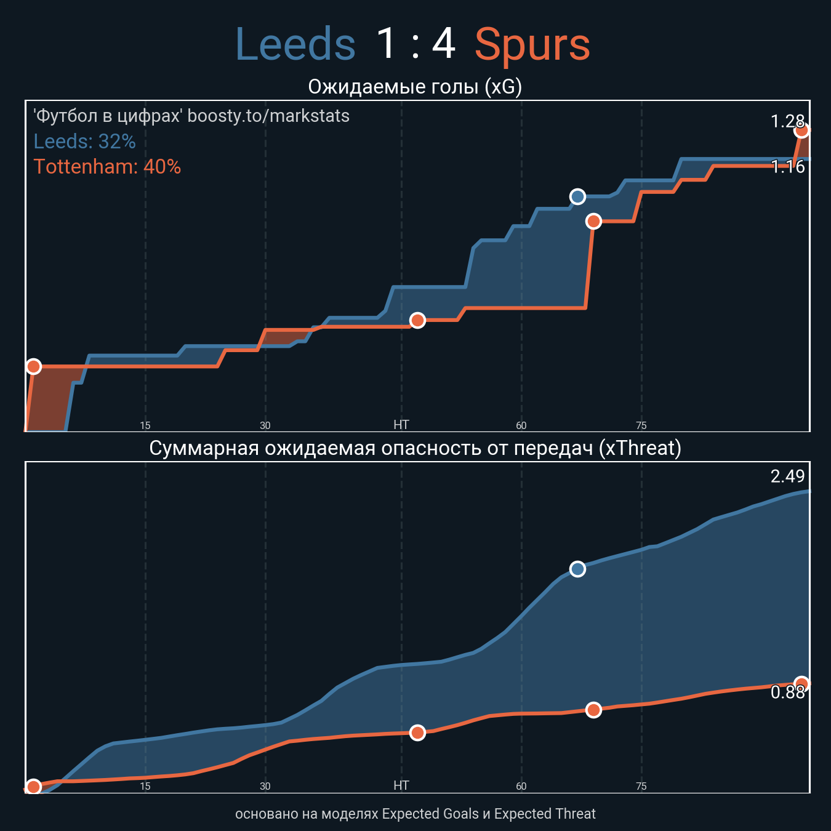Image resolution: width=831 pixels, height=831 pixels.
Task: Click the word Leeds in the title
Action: (x=295, y=45)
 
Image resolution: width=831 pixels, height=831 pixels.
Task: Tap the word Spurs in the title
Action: (x=532, y=45)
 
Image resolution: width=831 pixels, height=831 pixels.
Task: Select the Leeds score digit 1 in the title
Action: (x=386, y=45)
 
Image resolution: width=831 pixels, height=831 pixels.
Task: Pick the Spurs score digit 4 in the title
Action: (x=444, y=45)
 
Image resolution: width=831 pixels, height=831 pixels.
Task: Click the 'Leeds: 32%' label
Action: (x=84, y=142)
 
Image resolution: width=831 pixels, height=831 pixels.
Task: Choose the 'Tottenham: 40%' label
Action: (x=107, y=167)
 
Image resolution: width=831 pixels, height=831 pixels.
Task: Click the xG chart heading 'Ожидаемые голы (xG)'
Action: (x=415, y=87)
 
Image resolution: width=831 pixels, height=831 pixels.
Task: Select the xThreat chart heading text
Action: (x=415, y=448)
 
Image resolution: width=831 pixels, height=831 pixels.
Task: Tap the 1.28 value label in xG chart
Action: (x=787, y=121)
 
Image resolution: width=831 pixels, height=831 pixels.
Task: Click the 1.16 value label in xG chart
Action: (x=787, y=167)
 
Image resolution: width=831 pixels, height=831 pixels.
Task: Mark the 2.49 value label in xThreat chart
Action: (x=787, y=476)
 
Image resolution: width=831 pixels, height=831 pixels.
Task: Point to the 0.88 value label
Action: (x=787, y=692)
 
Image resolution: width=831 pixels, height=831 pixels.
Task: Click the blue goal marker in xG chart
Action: (x=577, y=196)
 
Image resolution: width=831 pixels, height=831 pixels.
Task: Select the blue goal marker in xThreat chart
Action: (x=577, y=569)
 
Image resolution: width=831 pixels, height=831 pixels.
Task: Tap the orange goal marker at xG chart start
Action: (x=33, y=366)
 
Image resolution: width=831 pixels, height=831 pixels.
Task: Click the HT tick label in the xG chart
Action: (x=401, y=425)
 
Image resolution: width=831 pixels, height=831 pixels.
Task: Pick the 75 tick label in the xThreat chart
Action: (x=641, y=786)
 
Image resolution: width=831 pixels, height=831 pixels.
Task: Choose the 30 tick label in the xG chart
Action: (x=265, y=425)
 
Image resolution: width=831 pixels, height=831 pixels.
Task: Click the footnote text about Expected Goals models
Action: (x=415, y=814)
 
